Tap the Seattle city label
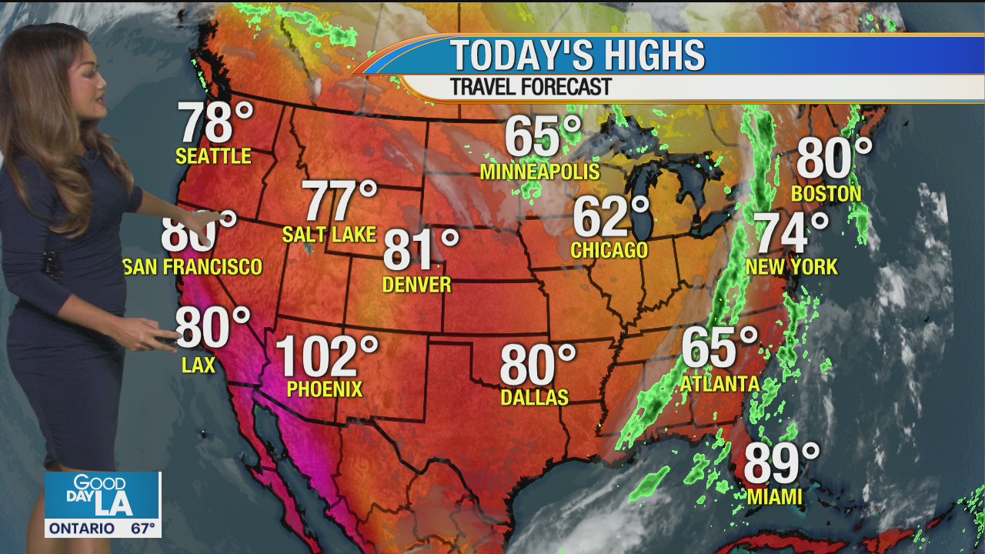pyautogui.click(x=213, y=156)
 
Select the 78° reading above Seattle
pyautogui.click(x=215, y=123)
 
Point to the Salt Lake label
pyautogui.click(x=329, y=235)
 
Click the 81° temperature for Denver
pyautogui.click(x=419, y=250)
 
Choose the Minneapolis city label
pyautogui.click(x=539, y=172)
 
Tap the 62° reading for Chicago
pyautogui.click(x=610, y=218)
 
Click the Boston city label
pyautogui.click(x=826, y=194)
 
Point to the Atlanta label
pyautogui.click(x=720, y=383)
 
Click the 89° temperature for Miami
pyautogui.click(x=780, y=464)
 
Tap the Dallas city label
pyautogui.click(x=534, y=397)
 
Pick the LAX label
pyautogui.click(x=198, y=365)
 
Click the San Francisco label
pyautogui.click(x=192, y=267)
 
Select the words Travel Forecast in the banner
pyautogui.click(x=530, y=86)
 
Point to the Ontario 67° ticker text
pyautogui.click(x=102, y=529)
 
